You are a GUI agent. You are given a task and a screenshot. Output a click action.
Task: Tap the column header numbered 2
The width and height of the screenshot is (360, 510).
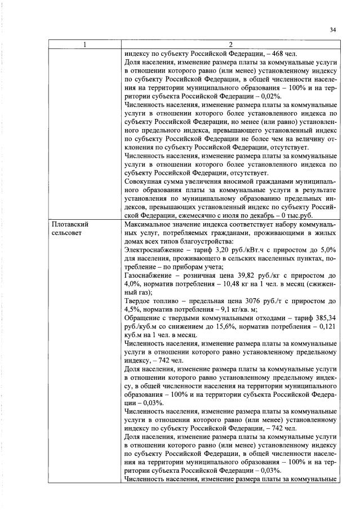pyautogui.click(x=230, y=45)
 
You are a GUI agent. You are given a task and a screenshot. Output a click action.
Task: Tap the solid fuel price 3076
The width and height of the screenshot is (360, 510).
pyautogui.click(x=247, y=301)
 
